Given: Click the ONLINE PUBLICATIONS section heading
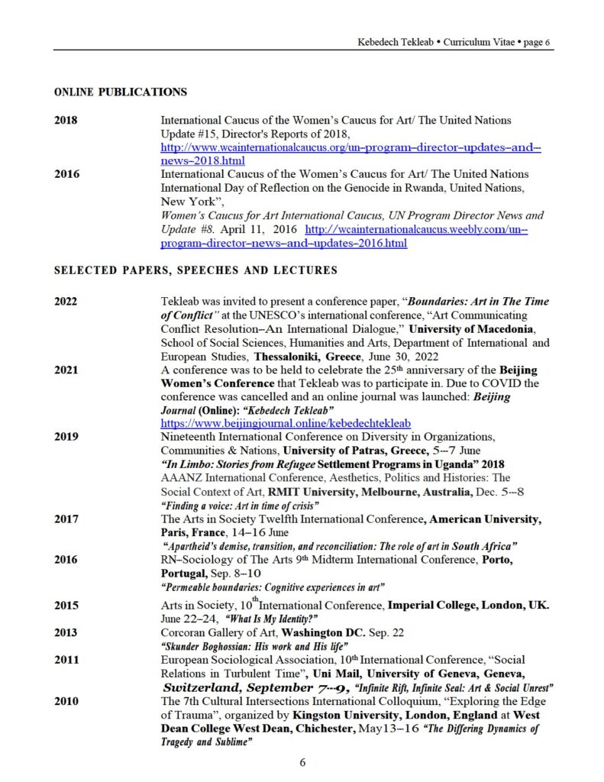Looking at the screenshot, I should pos(121,92).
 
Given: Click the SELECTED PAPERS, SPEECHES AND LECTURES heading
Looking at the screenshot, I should pos(195,270).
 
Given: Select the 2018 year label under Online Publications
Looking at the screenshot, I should pos(66,120).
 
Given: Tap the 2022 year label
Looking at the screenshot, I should pos(66,301).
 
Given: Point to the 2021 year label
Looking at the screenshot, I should pos(66,370).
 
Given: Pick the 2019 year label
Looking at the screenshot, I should pos(66,437).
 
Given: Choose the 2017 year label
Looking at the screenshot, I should pos(66,519).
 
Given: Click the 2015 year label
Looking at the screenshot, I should pos(66,606).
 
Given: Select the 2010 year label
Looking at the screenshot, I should pos(66,700).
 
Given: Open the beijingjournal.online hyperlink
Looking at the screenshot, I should pos(286,422).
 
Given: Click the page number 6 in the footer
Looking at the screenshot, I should pos(302,762).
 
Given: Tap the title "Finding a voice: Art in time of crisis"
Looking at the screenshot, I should pos(240,506).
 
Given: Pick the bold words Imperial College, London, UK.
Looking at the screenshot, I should pos(469,606).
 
